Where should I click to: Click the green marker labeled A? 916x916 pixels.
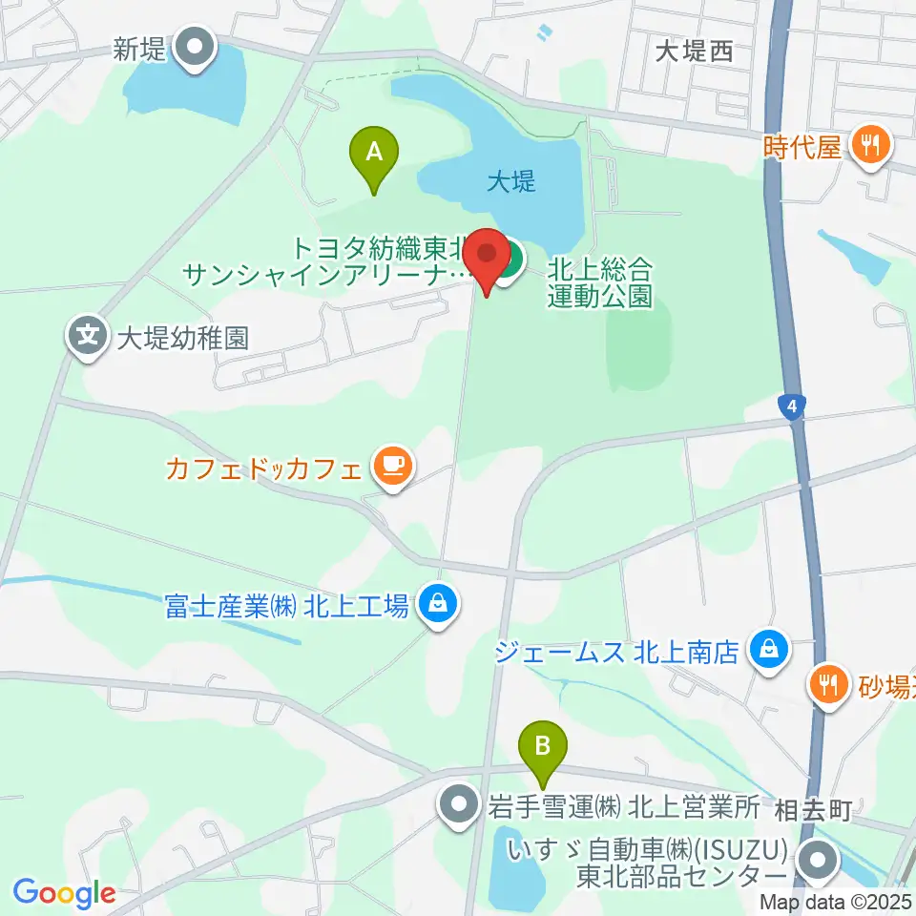tap(374, 153)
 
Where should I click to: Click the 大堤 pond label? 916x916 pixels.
tap(510, 181)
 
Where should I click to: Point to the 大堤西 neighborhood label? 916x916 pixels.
tap(694, 52)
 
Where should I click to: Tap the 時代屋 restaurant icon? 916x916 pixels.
tap(872, 146)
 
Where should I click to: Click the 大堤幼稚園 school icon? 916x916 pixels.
tap(88, 336)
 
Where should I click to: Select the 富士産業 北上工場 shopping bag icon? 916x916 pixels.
tap(438, 603)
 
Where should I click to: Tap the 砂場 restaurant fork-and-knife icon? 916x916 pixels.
tap(826, 683)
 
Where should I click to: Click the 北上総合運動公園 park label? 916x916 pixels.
tap(599, 282)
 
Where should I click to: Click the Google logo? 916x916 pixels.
tap(64, 893)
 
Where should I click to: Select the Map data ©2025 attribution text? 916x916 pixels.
tap(836, 902)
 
